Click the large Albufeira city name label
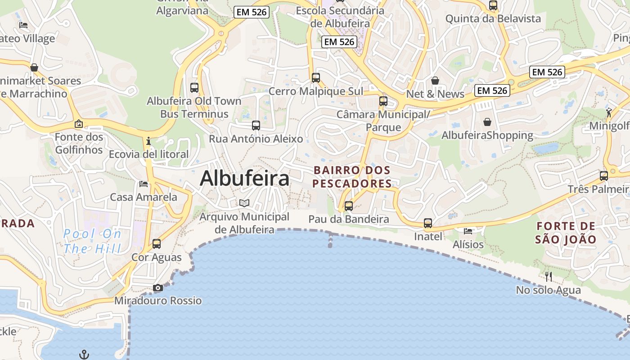pyautogui.click(x=244, y=179)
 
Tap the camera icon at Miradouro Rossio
pyautogui.click(x=157, y=288)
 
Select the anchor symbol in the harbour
pyautogui.click(x=84, y=355)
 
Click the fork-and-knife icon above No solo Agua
pyautogui.click(x=548, y=276)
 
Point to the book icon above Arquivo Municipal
pyautogui.click(x=244, y=203)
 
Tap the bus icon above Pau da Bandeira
pyautogui.click(x=349, y=206)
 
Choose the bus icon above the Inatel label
pyautogui.click(x=428, y=223)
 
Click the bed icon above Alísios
pyautogui.click(x=468, y=231)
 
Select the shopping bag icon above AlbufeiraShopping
pyautogui.click(x=487, y=122)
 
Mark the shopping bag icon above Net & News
pyautogui.click(x=435, y=81)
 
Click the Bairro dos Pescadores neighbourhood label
pyautogui.click(x=352, y=177)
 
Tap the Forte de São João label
pyautogui.click(x=566, y=233)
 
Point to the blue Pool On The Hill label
pyautogui.click(x=92, y=241)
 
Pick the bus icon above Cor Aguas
pyautogui.click(x=157, y=244)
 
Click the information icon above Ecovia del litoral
pyautogui.click(x=148, y=141)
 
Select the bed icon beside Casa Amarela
pyautogui.click(x=144, y=184)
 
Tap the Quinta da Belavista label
pyautogui.click(x=493, y=18)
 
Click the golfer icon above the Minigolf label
pyautogui.click(x=609, y=112)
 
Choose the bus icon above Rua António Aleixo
pyautogui.click(x=256, y=126)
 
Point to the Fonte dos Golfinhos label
pyautogui.click(x=79, y=143)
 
